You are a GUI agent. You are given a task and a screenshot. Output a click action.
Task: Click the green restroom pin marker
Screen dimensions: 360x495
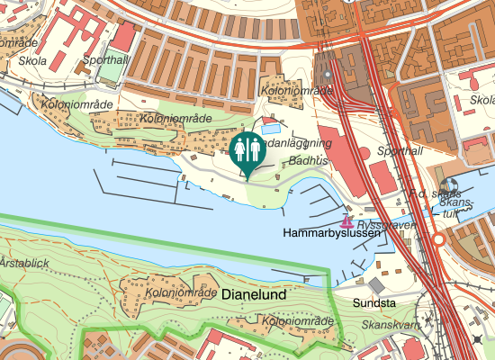[x=246, y=151]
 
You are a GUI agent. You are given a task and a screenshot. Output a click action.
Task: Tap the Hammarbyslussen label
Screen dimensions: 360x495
[x=332, y=233]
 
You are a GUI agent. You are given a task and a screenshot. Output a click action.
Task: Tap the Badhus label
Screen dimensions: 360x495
[x=308, y=160]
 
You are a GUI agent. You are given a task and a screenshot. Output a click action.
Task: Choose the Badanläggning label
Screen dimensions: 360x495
[x=294, y=143]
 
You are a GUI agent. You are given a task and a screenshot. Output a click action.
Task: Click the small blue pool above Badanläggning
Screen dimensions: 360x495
[x=271, y=129]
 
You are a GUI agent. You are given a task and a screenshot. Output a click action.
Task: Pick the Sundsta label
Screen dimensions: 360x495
[x=373, y=303]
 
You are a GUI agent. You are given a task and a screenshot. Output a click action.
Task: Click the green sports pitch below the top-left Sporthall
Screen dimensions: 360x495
[x=113, y=70]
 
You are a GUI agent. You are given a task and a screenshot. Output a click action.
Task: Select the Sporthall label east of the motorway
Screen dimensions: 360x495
[x=398, y=151]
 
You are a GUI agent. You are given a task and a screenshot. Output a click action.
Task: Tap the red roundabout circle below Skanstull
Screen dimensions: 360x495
[x=439, y=240]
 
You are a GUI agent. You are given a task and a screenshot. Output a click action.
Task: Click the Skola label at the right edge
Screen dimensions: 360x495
[x=481, y=100]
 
